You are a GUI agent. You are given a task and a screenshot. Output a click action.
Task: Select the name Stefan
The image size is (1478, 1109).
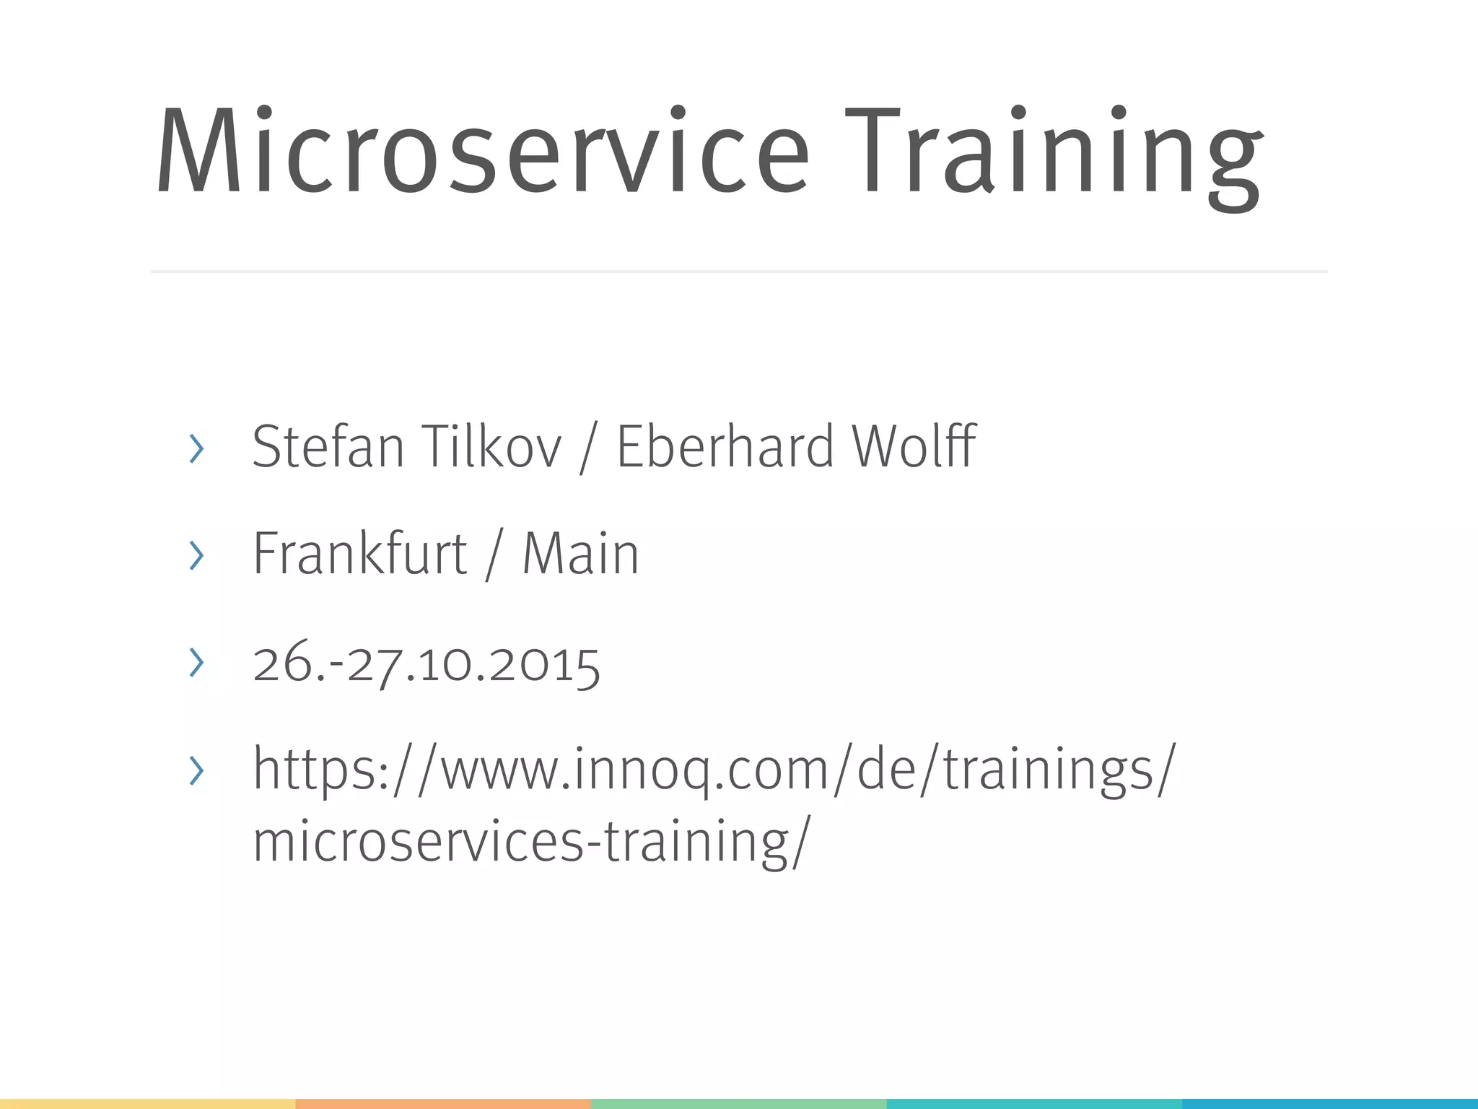pos(328,447)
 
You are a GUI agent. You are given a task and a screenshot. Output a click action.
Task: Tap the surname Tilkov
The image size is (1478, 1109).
pos(491,447)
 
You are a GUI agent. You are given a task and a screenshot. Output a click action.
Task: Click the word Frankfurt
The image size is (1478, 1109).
pos(359,554)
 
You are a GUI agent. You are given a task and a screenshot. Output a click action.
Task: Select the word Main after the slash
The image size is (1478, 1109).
pos(580,554)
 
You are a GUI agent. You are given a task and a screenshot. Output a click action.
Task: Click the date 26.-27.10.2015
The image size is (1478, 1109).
pos(427,663)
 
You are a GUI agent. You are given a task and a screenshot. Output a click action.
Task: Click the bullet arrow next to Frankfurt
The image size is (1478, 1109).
pos(196,556)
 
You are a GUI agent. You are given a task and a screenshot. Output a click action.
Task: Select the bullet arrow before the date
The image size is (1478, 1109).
pos(196,663)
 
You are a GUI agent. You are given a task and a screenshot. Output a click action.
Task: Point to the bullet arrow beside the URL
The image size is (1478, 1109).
pos(196,771)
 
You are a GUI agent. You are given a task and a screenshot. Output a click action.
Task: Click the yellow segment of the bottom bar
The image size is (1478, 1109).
pos(147,1104)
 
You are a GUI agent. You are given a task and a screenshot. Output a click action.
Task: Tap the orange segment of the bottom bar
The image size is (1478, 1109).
pos(443,1104)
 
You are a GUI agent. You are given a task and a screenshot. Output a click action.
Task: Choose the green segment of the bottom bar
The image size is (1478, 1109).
pos(739,1104)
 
